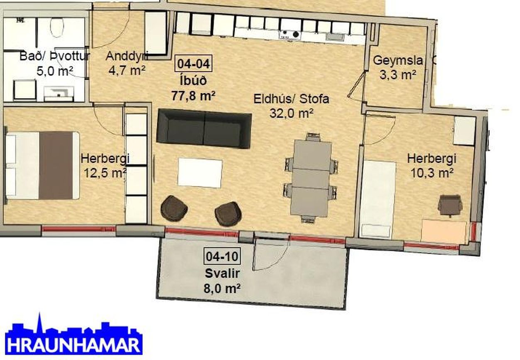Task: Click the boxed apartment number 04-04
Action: (194, 64)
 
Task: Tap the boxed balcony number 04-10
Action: (222, 256)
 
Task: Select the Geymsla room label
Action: (397, 60)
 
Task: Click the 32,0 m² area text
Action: (291, 113)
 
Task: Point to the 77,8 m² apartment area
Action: (193, 96)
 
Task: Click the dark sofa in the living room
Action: (204, 129)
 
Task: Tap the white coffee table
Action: (200, 173)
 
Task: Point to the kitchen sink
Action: (336, 37)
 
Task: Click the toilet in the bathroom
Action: (57, 27)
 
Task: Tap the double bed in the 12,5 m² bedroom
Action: (42, 166)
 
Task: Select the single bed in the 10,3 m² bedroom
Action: (377, 199)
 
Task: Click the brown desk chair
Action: (450, 206)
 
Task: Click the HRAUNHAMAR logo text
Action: (74, 346)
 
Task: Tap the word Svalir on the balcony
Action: (222, 274)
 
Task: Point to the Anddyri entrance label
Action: (127, 56)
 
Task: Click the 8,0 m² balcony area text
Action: (222, 289)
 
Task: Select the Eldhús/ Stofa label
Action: (291, 99)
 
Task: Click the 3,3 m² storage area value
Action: (397, 75)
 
